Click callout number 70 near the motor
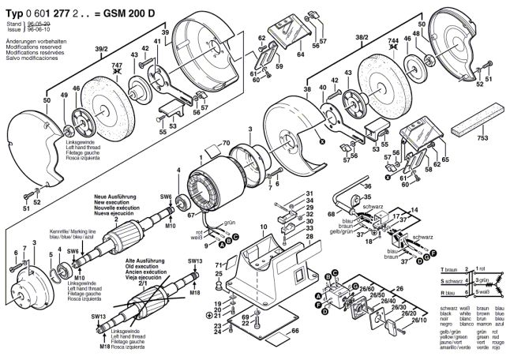(225, 144)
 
